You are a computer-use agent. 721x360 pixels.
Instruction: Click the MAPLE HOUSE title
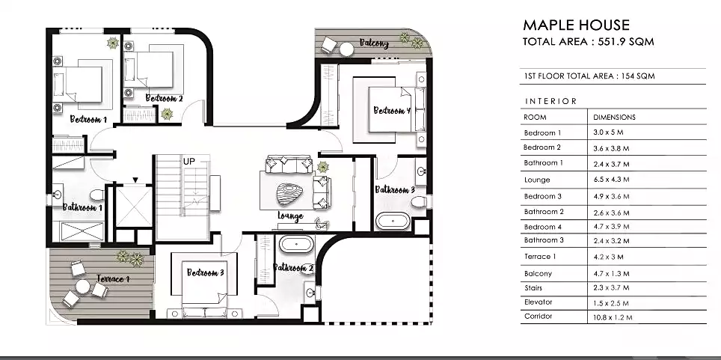click(576, 25)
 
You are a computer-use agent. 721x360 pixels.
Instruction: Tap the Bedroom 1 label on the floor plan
click(88, 119)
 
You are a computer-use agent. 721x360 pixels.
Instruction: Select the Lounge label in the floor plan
click(291, 216)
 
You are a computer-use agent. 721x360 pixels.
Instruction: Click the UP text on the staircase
click(189, 162)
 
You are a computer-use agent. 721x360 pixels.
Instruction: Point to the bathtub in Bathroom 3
click(393, 221)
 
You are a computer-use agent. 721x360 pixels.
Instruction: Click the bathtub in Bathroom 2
click(297, 243)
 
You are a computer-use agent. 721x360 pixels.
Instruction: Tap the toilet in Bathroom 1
click(97, 195)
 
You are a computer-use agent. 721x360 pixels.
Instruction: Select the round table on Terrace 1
click(83, 287)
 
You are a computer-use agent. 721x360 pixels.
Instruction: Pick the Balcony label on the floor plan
click(374, 43)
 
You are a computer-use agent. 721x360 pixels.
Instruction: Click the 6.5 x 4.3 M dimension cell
click(611, 180)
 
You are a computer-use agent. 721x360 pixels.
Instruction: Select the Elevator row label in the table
click(538, 302)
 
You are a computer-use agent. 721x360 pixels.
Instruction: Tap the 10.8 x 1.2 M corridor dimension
click(613, 317)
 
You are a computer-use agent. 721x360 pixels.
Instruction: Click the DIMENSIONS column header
click(614, 118)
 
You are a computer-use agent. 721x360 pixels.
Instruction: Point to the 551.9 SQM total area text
click(626, 41)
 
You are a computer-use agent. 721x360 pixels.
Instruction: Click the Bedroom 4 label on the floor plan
click(392, 111)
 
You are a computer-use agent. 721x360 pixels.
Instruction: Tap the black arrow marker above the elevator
click(135, 180)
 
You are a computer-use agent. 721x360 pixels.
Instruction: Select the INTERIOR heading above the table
click(551, 101)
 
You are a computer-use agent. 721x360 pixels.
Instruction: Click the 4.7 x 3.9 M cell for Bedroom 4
click(611, 227)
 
